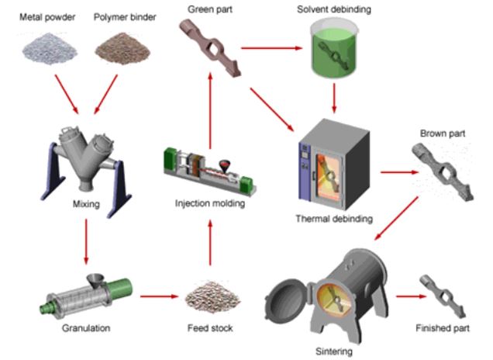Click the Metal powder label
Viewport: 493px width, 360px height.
[x=46, y=16]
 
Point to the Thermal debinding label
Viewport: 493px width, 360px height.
[x=334, y=219]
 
